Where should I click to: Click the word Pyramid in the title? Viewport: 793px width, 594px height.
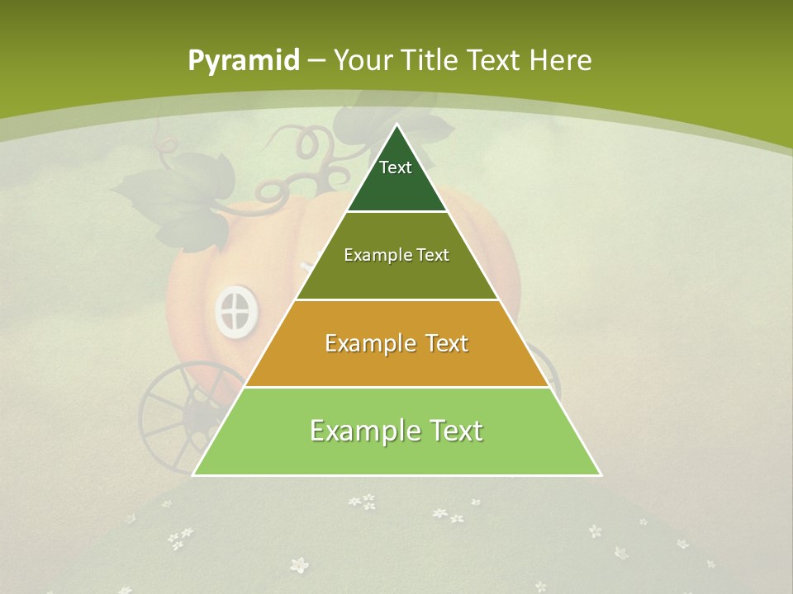pos(244,61)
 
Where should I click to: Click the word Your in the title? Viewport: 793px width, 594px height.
pos(363,60)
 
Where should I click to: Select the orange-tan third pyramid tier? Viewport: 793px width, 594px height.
pos(396,363)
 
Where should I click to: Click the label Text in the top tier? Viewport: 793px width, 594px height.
pos(396,167)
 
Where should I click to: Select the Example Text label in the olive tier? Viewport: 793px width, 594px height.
pos(396,255)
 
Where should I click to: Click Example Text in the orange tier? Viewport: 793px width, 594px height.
pos(396,342)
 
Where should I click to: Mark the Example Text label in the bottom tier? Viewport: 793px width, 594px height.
pos(396,430)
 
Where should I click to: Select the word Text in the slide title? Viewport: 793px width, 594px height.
pos(492,60)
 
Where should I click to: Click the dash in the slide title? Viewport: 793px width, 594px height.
pos(316,61)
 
